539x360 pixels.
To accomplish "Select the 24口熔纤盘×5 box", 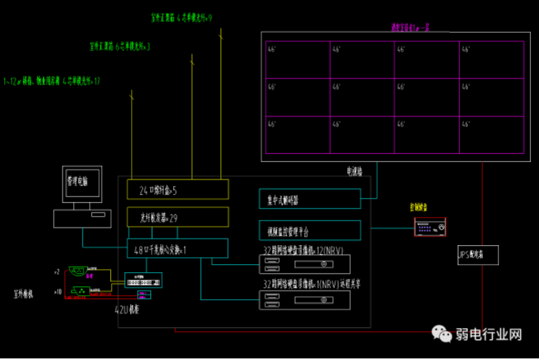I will point(177,189).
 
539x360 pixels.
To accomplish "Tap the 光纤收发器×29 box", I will point(177,217).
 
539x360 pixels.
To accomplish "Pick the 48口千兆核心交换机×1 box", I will point(177,247).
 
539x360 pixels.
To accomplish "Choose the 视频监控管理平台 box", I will point(309,231).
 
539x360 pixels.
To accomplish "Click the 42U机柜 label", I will point(129,310).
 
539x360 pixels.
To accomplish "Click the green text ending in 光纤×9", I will point(182,17).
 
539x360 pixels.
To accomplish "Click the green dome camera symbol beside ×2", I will point(77,273).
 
